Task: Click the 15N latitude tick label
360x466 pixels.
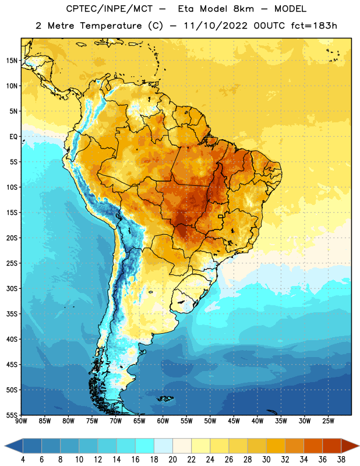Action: click(12, 61)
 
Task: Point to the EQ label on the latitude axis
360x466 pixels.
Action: click(13, 137)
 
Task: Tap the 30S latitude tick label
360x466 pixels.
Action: click(12, 288)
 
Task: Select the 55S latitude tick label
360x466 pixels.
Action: click(12, 415)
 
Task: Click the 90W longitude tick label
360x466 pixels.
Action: click(21, 421)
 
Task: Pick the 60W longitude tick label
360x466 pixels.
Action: click(163, 421)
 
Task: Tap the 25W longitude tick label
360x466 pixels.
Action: click(328, 421)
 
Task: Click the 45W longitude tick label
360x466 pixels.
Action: click(234, 421)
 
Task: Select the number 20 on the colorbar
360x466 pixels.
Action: click(172, 460)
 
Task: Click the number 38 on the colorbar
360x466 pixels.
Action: click(341, 460)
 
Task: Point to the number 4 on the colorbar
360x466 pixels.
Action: click(23, 460)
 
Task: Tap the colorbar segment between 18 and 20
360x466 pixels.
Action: click(164, 446)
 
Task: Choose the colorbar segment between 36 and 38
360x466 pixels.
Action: click(332, 446)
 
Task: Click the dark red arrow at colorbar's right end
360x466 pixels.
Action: click(349, 446)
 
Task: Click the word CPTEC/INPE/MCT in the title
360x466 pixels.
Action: click(110, 9)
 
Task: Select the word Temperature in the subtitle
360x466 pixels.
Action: click(111, 26)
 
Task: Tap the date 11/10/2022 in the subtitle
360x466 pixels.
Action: click(216, 26)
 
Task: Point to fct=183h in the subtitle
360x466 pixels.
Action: click(314, 26)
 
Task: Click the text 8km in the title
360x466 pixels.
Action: click(243, 9)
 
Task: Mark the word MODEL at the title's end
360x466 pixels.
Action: click(290, 9)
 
